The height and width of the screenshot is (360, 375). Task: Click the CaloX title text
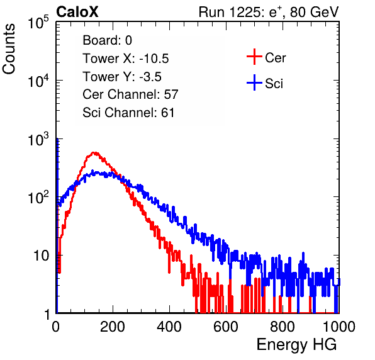[77, 12]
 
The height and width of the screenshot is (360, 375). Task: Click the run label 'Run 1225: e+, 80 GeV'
[269, 12]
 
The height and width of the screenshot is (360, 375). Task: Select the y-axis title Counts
[9, 49]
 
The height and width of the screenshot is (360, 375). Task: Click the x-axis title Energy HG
[296, 345]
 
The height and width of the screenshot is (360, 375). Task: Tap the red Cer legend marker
[254, 57]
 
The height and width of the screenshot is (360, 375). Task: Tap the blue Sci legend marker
[254, 83]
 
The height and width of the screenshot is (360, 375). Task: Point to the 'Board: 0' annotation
[107, 40]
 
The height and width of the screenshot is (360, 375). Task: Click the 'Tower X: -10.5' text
[126, 59]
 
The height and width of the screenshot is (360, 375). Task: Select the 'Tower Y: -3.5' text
[122, 77]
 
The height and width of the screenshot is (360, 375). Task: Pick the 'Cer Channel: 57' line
[130, 94]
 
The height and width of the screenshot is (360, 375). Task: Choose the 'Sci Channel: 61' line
[128, 113]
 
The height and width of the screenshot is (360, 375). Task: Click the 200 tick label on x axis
[113, 327]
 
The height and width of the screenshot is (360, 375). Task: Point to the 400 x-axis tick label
[169, 327]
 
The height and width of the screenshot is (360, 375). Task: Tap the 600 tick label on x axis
[226, 327]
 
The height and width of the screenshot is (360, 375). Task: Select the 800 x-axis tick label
[283, 327]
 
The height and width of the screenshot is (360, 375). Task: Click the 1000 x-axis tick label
[339, 327]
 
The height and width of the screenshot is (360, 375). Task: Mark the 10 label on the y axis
[42, 256]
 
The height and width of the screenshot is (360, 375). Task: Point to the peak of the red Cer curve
[94, 152]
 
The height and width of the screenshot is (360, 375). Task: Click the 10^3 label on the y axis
[38, 139]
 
